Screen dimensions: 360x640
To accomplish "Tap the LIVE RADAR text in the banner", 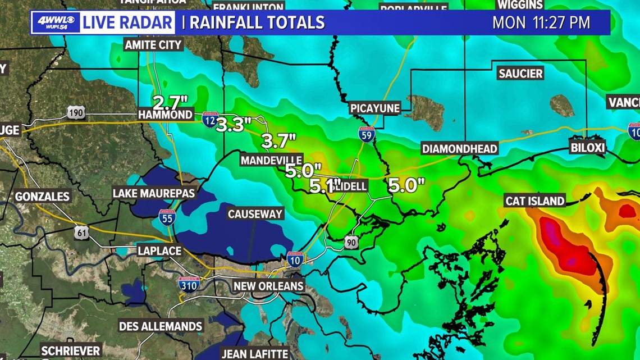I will pyautogui.click(x=128, y=22).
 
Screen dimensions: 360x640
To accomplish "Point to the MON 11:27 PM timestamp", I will pyautogui.click(x=541, y=22).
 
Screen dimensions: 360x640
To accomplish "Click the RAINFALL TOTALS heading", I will pyautogui.click(x=257, y=22).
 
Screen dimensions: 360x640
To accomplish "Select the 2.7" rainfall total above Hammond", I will pyautogui.click(x=170, y=103).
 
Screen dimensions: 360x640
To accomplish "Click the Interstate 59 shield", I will pyautogui.click(x=366, y=134).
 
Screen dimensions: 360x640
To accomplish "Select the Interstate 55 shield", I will pyautogui.click(x=167, y=217).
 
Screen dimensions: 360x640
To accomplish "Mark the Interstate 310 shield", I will pyautogui.click(x=189, y=284).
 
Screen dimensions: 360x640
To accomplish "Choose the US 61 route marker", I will pyautogui.click(x=82, y=232).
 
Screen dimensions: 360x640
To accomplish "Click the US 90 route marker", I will pyautogui.click(x=351, y=241).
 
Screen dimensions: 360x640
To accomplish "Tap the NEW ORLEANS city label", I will pyautogui.click(x=268, y=286).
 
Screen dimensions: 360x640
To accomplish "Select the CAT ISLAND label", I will pyautogui.click(x=534, y=200).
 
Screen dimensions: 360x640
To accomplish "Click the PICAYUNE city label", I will pyautogui.click(x=374, y=108).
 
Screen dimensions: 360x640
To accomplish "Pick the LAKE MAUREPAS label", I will pyautogui.click(x=153, y=193).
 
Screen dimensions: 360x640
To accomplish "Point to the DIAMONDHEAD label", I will pyautogui.click(x=460, y=148).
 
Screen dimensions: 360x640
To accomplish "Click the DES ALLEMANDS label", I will pyautogui.click(x=161, y=326).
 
